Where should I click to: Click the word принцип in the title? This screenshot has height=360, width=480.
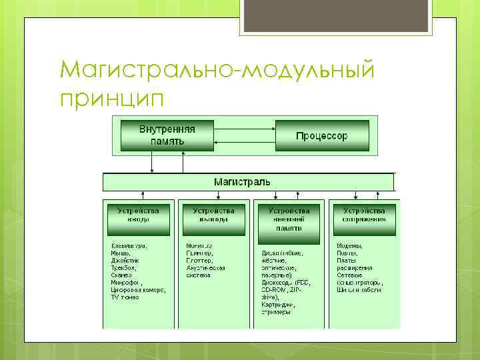point(111,98)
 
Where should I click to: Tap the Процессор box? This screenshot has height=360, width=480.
point(321,135)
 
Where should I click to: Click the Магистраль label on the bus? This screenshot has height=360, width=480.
point(242,181)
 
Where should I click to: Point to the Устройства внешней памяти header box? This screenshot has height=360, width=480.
point(289,219)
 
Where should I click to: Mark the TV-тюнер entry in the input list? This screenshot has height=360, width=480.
point(125,297)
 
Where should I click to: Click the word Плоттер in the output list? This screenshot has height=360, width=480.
point(199,261)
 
